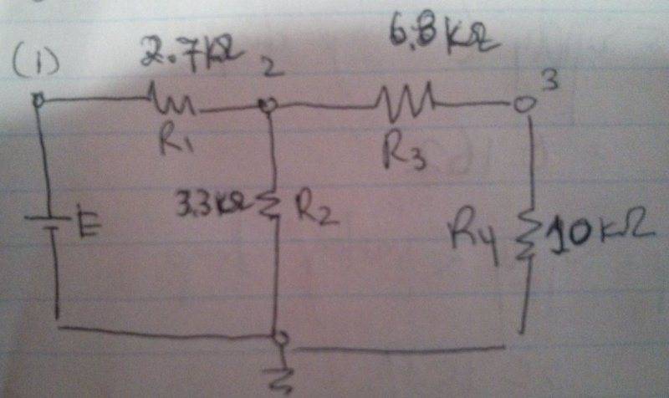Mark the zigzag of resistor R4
(x=525, y=233)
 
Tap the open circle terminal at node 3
(x=522, y=105)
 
